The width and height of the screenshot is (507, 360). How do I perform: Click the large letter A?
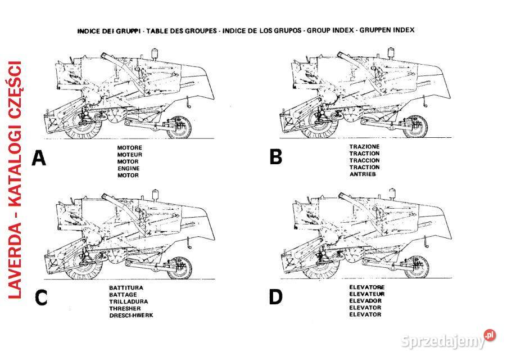coord(39,158)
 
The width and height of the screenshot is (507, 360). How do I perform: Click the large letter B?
coord(276,157)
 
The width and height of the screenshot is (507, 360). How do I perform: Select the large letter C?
coord(40,298)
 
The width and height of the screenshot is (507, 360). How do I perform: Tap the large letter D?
coord(275,296)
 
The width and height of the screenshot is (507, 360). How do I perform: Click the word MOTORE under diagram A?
coord(129,147)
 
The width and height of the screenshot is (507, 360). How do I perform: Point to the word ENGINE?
coord(128,168)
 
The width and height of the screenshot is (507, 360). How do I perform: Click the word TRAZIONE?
coord(364,146)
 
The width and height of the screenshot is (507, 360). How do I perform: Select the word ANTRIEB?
coord(363,174)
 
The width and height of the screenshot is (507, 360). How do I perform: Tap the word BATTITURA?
coord(126,287)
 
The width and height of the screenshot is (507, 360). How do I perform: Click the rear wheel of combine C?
coord(179,268)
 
